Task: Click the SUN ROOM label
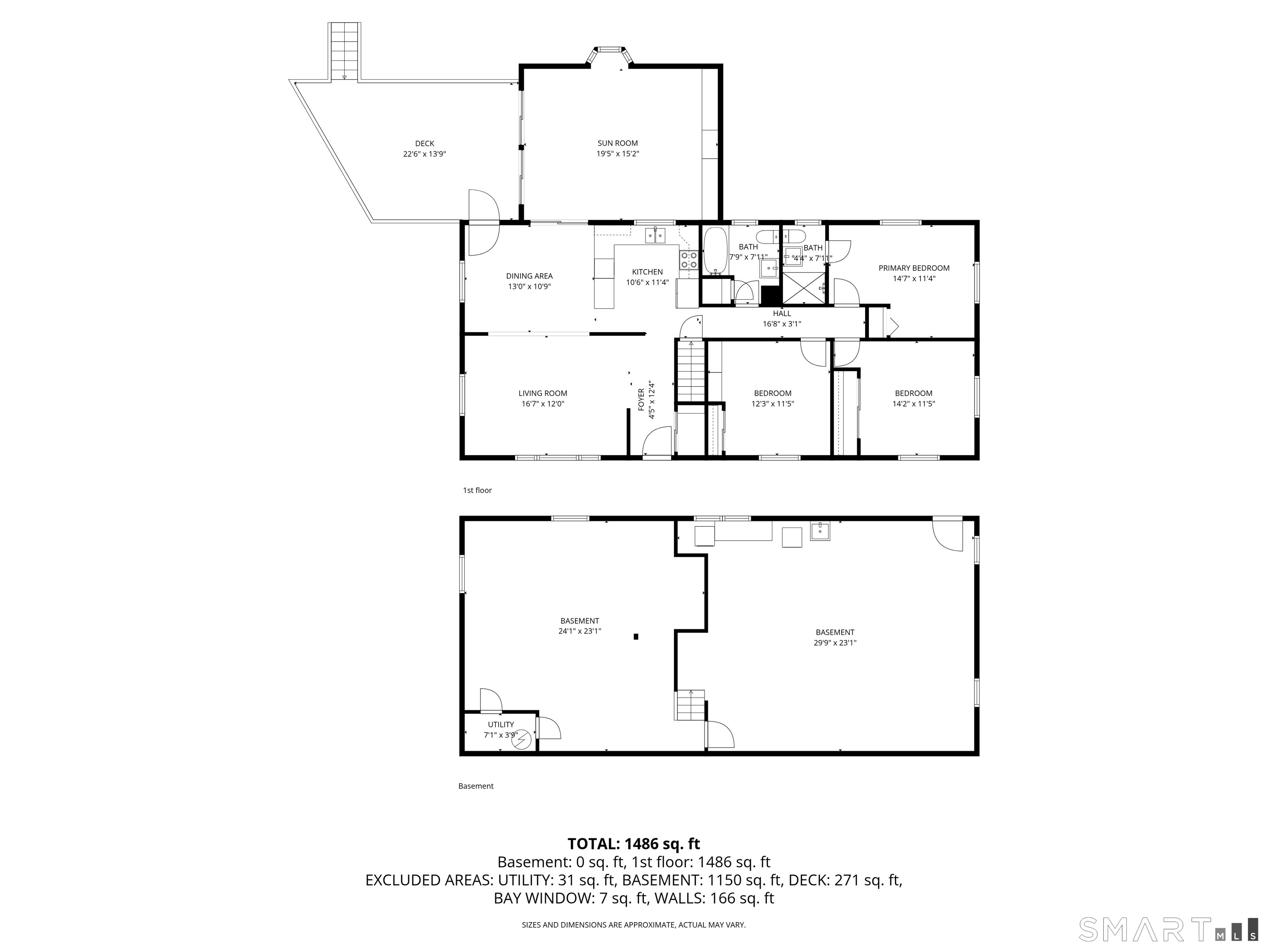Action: [x=617, y=143]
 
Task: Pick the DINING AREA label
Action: [x=529, y=276]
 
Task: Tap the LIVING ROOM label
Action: [x=543, y=393]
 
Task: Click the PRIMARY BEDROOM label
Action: [x=914, y=268]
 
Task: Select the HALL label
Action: [x=782, y=314]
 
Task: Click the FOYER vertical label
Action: [x=641, y=400]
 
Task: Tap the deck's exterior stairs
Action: [x=344, y=52]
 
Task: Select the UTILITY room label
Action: [x=501, y=724]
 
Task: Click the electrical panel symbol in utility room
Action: [x=522, y=741]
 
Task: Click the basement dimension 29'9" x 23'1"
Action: [x=835, y=643]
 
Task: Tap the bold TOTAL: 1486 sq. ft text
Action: [x=634, y=844]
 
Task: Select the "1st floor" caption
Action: [x=478, y=490]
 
